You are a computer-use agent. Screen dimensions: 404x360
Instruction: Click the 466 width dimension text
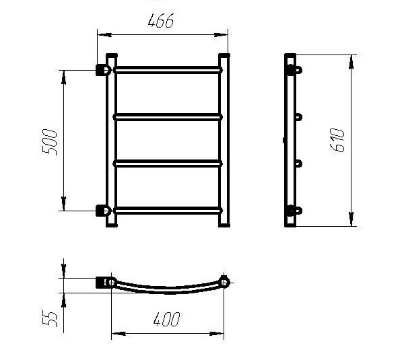[161, 21]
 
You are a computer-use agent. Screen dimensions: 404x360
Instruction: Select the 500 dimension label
[49, 142]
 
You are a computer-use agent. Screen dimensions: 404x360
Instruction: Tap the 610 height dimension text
[337, 141]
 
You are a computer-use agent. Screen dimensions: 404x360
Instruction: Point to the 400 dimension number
[167, 320]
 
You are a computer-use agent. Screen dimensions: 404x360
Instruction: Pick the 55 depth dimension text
[49, 320]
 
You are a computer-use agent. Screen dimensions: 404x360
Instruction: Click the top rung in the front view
[168, 70]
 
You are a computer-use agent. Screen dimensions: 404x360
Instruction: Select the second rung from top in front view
[168, 117]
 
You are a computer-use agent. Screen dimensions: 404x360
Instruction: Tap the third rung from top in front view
[168, 164]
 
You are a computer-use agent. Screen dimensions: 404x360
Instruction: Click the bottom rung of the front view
[168, 211]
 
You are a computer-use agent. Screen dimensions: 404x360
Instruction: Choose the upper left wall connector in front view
[103, 70]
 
